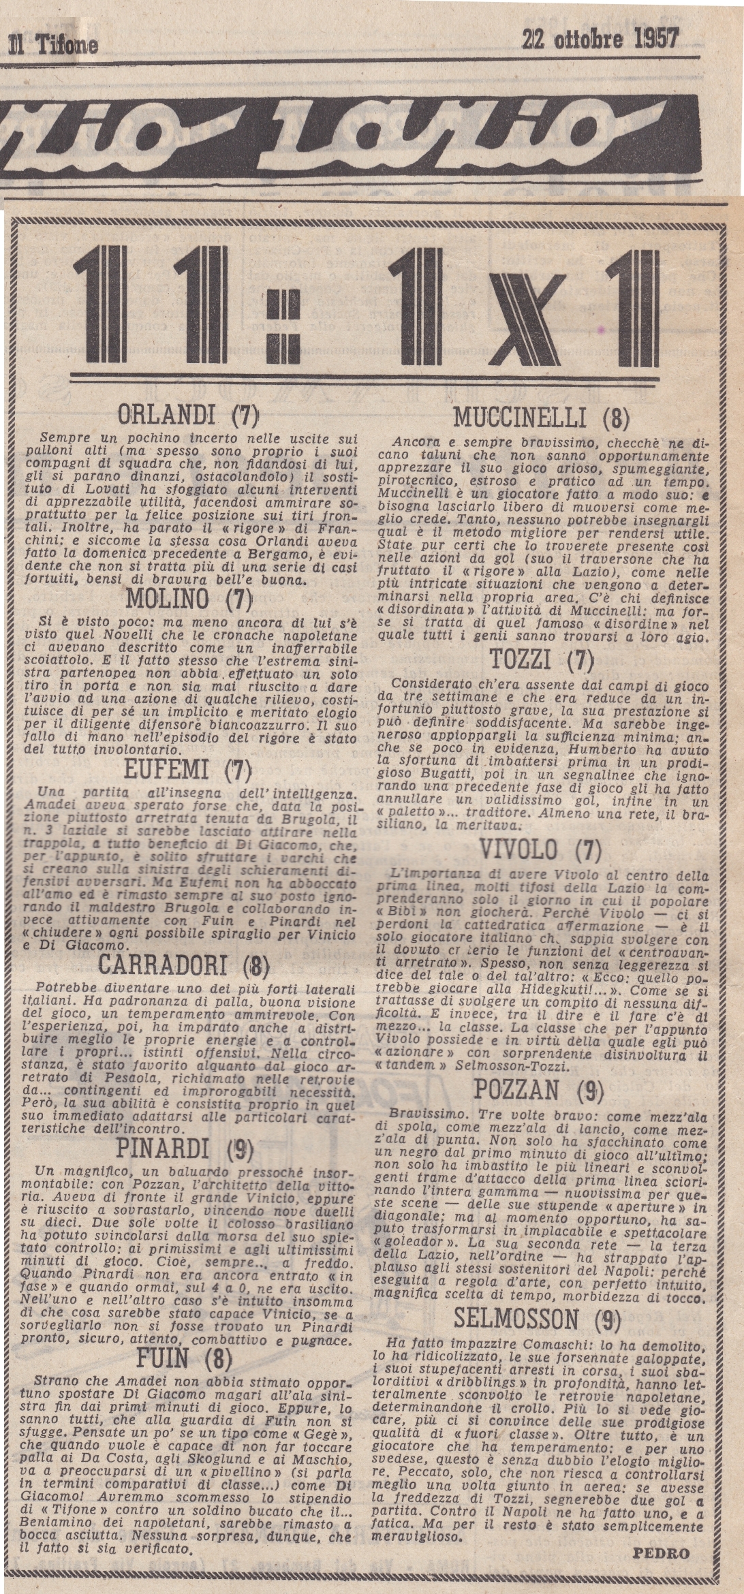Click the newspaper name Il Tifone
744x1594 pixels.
(x=52, y=46)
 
